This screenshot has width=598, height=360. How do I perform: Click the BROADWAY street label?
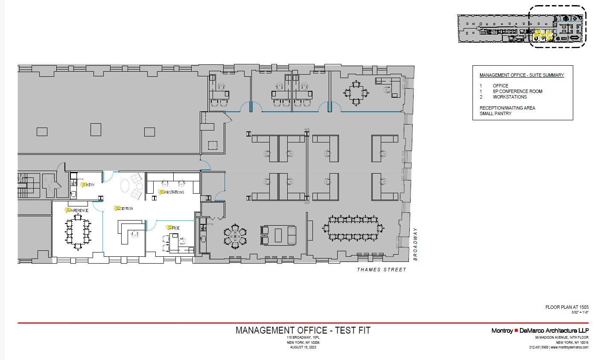415,244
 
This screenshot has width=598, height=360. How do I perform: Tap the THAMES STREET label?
382,270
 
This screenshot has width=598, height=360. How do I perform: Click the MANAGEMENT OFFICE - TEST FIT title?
303,330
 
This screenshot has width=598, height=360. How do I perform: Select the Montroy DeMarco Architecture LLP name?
540,331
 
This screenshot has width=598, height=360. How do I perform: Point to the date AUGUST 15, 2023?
303,347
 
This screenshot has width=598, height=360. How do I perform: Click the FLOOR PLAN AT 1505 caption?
567,307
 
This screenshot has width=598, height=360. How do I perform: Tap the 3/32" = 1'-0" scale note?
580,312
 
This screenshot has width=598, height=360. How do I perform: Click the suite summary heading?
522,75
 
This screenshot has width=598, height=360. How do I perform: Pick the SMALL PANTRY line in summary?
495,113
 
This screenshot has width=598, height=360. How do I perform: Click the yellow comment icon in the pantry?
84,185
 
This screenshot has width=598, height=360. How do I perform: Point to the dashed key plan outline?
557,26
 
